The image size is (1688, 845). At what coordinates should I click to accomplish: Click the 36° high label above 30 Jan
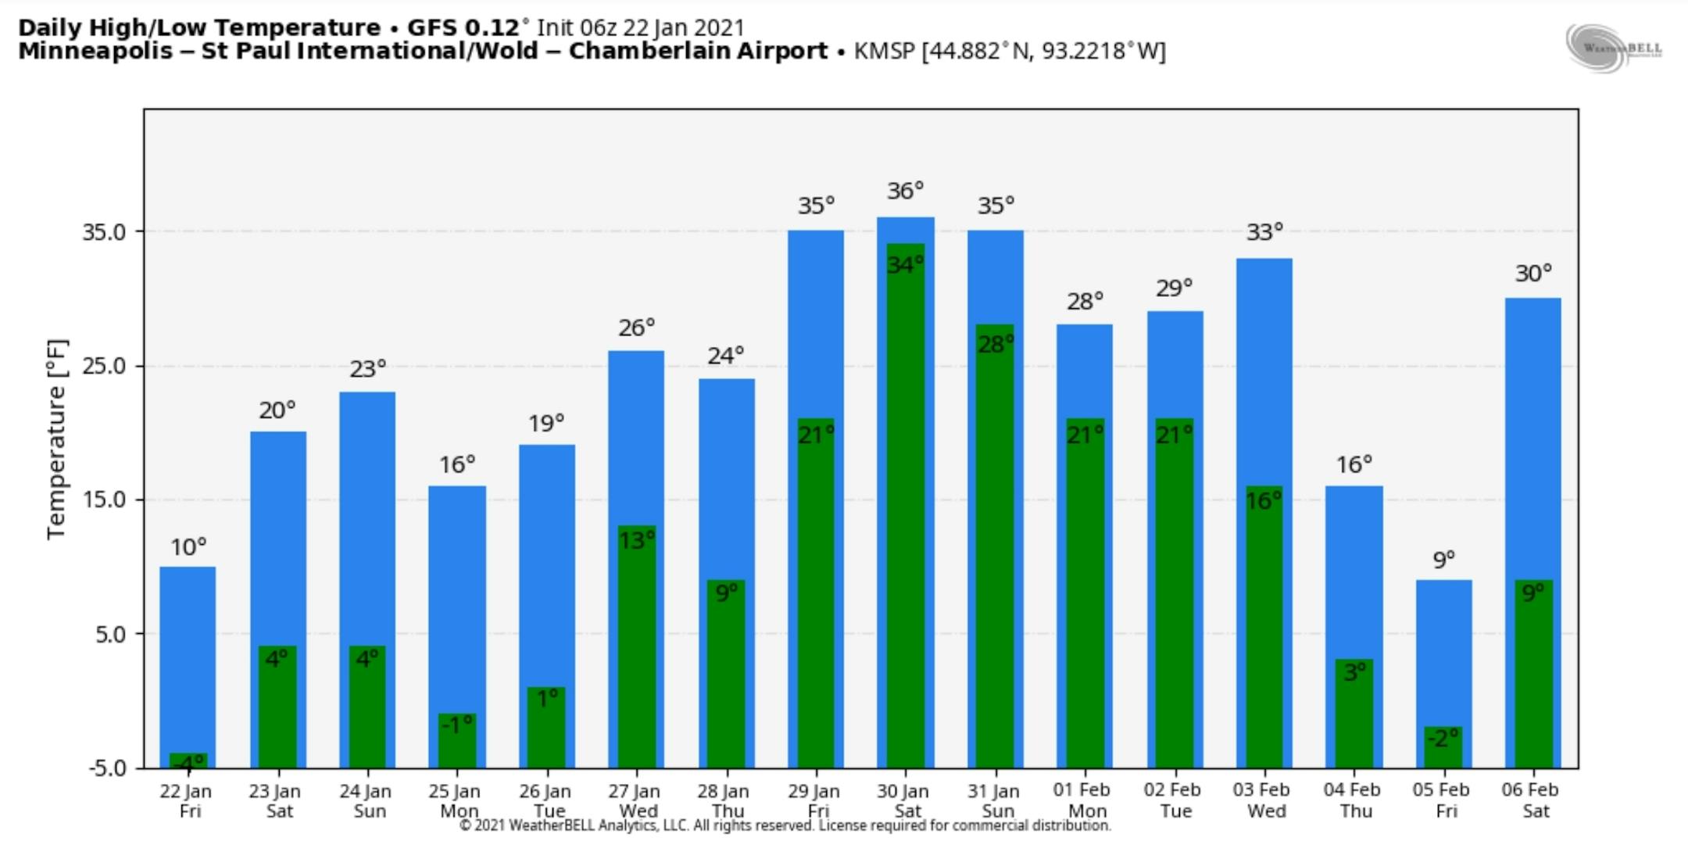pos(905,191)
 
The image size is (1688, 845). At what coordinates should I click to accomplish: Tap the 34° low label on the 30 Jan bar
pos(905,265)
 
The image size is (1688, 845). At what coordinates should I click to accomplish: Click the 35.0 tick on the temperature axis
pos(104,232)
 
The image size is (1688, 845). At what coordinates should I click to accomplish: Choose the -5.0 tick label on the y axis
pos(107,768)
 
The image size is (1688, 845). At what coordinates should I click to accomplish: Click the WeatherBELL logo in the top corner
pos(1615,48)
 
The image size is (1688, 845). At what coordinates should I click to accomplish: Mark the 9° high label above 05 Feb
pos(1443,560)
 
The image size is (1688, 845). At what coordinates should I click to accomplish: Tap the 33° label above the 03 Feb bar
pos(1264,232)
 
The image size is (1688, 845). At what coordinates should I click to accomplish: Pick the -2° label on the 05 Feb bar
pos(1443,737)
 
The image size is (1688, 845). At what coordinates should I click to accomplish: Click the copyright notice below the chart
pos(785,825)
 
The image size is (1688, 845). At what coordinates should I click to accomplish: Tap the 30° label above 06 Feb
pos(1533,274)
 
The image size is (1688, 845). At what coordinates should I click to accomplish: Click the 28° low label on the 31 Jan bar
pos(996,344)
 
